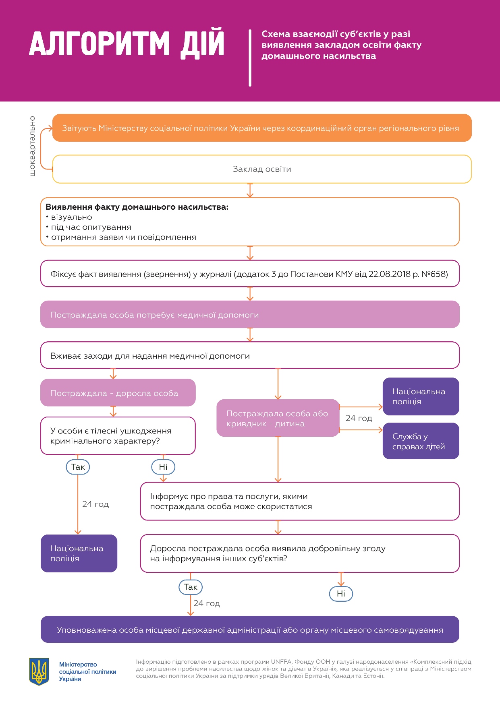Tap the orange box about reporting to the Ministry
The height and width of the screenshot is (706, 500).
tap(262, 128)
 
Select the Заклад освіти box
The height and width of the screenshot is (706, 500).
tap(262, 169)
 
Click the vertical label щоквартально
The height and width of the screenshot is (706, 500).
tap(33, 146)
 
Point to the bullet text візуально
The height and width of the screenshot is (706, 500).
tap(71, 217)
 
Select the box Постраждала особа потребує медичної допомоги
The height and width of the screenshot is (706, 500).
tap(250, 314)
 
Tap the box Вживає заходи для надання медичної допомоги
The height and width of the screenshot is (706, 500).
tap(250, 355)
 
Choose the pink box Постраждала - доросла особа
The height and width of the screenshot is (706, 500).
tap(118, 393)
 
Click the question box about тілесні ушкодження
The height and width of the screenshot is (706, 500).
tap(118, 436)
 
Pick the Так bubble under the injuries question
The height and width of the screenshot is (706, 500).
tap(78, 467)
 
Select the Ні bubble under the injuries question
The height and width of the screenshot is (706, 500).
tap(163, 467)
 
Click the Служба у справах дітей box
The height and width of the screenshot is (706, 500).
tap(421, 441)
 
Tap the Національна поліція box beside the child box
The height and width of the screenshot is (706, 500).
tap(421, 396)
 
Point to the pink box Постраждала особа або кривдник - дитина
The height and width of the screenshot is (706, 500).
tap(278, 418)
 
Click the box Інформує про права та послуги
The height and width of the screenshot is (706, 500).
tap(299, 502)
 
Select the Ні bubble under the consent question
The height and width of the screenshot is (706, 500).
tap(341, 594)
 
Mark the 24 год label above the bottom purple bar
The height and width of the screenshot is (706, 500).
tap(207, 603)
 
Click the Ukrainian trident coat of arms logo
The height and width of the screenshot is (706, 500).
tap(39, 671)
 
